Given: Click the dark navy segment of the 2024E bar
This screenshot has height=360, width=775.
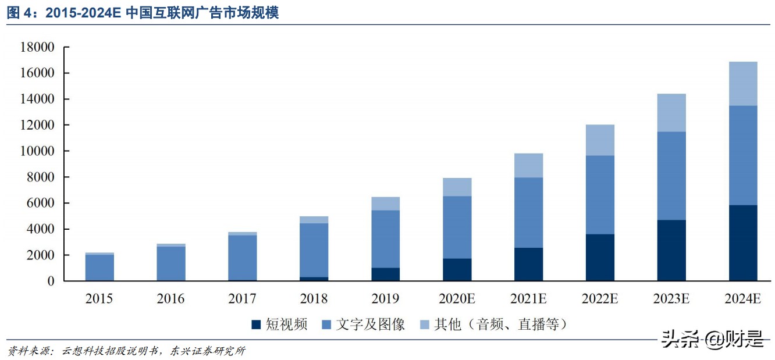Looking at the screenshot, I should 743,243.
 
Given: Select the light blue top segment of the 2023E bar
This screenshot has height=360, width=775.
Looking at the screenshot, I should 671,113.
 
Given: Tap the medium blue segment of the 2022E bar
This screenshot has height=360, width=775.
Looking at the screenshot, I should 600,195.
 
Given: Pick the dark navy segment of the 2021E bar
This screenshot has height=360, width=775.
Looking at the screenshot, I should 528,264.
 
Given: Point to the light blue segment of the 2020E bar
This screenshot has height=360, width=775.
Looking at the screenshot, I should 457,187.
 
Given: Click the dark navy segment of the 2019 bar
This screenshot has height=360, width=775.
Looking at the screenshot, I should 385,274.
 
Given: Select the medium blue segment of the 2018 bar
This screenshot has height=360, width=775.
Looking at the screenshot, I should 314,250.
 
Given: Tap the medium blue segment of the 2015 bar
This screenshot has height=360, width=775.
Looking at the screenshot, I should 99,268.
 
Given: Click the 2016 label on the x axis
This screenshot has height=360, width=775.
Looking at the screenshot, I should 170,300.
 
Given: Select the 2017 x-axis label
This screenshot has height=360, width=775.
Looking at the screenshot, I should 242,300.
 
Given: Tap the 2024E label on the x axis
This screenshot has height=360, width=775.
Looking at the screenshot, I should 743,300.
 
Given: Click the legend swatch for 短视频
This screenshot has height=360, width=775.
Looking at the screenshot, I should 255,325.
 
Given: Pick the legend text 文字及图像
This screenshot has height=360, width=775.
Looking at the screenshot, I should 370,325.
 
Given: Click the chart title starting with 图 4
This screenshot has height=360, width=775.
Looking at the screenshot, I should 143,13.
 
